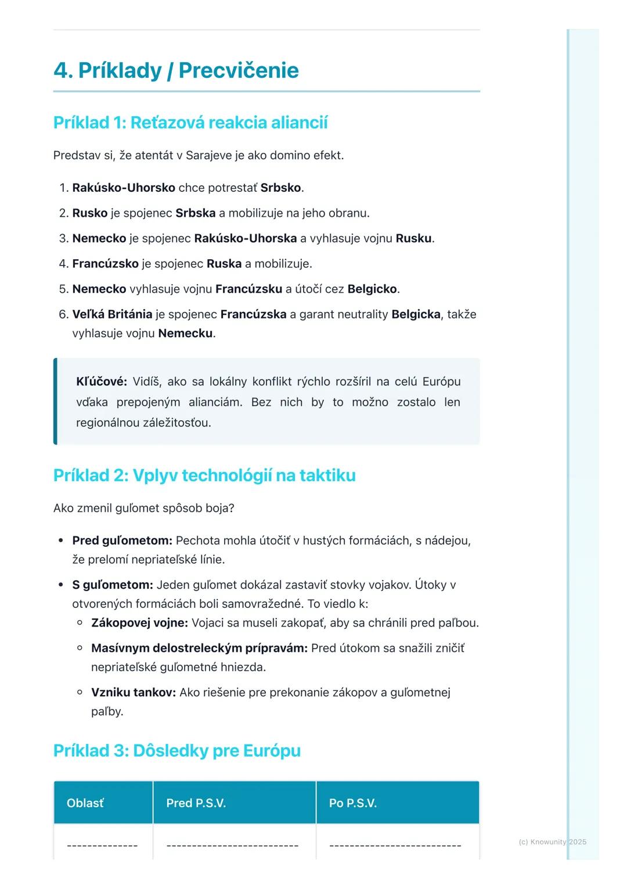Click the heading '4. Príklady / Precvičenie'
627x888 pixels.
(176, 70)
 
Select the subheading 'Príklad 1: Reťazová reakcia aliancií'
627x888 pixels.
(190, 123)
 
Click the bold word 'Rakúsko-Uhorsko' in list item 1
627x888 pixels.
(124, 188)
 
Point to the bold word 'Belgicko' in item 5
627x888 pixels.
(372, 289)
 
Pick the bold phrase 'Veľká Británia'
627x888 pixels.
(112, 314)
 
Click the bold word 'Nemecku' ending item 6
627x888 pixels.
(185, 334)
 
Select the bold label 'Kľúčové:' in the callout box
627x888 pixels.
(102, 382)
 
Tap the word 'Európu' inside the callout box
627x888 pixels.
(441, 382)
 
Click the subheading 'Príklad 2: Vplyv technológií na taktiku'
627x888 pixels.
(204, 475)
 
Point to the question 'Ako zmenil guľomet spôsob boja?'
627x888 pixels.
(143, 508)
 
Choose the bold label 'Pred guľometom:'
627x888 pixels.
(122, 540)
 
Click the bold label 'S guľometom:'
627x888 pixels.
(113, 585)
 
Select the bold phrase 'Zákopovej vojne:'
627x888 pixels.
(139, 623)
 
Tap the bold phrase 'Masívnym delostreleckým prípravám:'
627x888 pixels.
(199, 648)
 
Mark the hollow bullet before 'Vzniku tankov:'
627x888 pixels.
(80, 692)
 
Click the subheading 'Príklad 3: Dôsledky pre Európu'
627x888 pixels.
(177, 751)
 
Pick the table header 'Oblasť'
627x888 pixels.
(85, 803)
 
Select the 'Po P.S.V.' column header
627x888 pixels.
(353, 803)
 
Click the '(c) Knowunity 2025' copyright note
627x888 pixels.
(552, 842)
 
